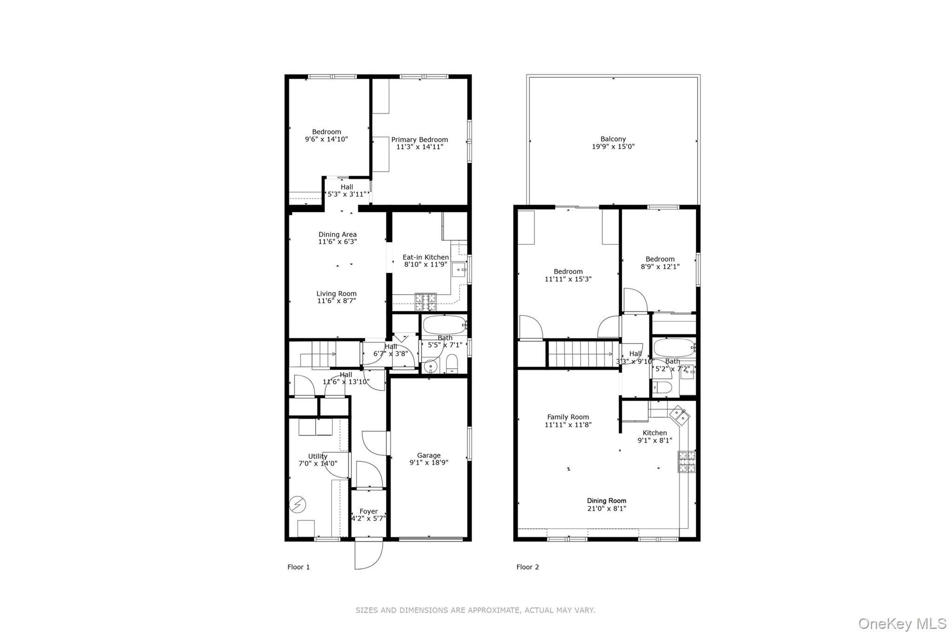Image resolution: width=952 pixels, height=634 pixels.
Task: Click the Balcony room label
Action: (613, 139)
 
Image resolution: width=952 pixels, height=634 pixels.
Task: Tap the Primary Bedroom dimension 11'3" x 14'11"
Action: (419, 147)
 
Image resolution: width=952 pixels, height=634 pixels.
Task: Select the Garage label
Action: (428, 456)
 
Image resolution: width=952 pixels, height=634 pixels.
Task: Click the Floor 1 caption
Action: (298, 567)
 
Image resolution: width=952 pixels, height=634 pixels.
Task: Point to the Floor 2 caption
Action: (528, 567)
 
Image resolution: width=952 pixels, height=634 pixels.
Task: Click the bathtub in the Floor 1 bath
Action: (444, 324)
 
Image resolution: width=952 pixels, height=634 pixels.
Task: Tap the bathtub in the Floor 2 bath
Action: (674, 347)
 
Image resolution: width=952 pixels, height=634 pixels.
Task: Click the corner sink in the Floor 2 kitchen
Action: (680, 415)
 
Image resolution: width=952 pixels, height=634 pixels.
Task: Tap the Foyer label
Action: (369, 511)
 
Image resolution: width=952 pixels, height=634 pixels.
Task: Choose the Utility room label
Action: (317, 456)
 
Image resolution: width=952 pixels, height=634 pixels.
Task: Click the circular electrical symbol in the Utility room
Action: (297, 504)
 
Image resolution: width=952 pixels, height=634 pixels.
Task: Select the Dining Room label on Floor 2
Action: (606, 501)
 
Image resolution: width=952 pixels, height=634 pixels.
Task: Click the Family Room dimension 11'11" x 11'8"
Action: (568, 425)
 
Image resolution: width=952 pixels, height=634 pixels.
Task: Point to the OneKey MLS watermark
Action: (902, 623)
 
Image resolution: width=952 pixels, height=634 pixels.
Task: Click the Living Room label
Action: (337, 294)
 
